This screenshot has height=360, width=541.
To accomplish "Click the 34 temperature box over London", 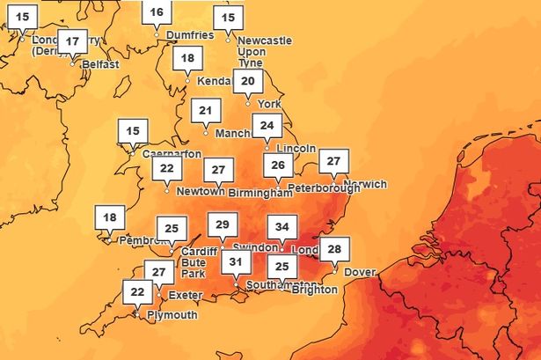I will (x=281, y=227).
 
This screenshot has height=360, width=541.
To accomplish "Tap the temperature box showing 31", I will (x=236, y=261).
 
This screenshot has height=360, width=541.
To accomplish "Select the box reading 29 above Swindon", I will (x=222, y=225).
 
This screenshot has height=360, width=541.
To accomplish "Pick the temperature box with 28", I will (x=333, y=249).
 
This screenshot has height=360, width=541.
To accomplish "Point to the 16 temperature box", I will (x=157, y=12).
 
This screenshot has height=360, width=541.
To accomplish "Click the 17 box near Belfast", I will (x=72, y=41).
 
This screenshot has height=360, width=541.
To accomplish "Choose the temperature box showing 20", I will (x=248, y=82).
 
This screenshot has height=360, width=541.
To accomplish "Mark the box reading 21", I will (x=206, y=111).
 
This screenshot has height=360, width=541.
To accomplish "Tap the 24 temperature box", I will (x=267, y=125).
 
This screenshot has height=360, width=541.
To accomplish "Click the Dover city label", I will (x=359, y=272).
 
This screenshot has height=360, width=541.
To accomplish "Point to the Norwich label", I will (x=367, y=185).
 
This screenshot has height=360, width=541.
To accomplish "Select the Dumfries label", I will (x=188, y=35).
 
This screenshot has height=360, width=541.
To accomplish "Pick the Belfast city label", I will (x=99, y=64).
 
